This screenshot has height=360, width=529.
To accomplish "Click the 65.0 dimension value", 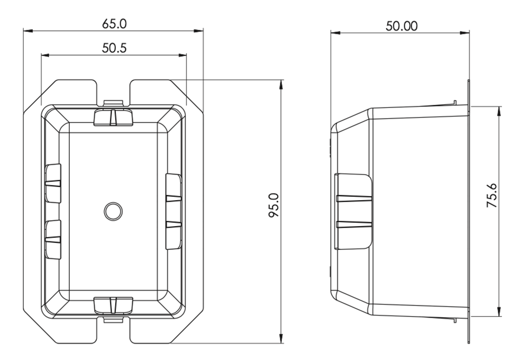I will coord(114,24).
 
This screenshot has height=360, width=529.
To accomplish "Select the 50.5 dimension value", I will coord(114,48).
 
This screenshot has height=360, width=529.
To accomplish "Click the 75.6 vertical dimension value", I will coord(492,195).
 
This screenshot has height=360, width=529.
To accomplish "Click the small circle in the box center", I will coord(113,211).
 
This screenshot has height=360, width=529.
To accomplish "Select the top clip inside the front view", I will coord(113,118).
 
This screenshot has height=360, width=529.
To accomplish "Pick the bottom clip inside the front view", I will coord(113,305).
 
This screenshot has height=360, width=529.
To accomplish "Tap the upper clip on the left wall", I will coord(53,183).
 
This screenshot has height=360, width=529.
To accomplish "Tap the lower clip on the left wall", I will coord(53,239).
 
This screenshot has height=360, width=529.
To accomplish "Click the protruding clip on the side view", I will coord(354,211).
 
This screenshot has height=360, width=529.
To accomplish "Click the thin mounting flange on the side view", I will coord(469,212).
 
